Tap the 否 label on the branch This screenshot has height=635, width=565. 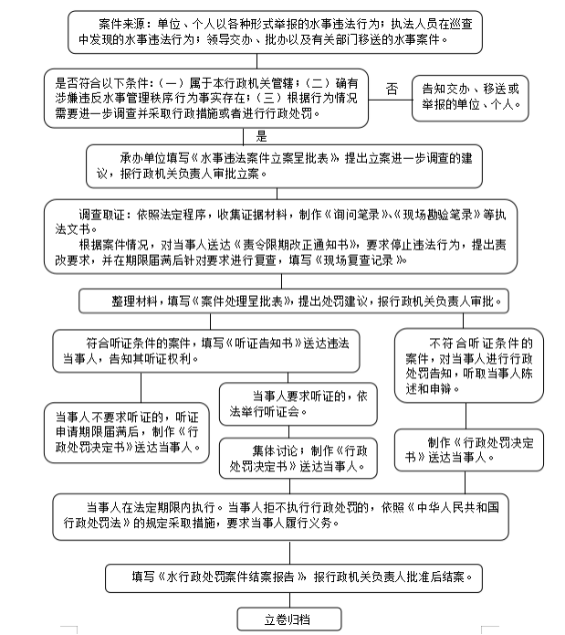tap(392, 89)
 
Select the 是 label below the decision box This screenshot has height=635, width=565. tap(262, 136)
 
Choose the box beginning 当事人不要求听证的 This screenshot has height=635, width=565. tap(130, 427)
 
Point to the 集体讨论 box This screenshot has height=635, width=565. tap(298, 459)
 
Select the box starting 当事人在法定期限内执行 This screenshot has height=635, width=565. tap(289, 516)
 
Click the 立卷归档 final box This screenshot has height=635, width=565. tap(288, 619)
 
